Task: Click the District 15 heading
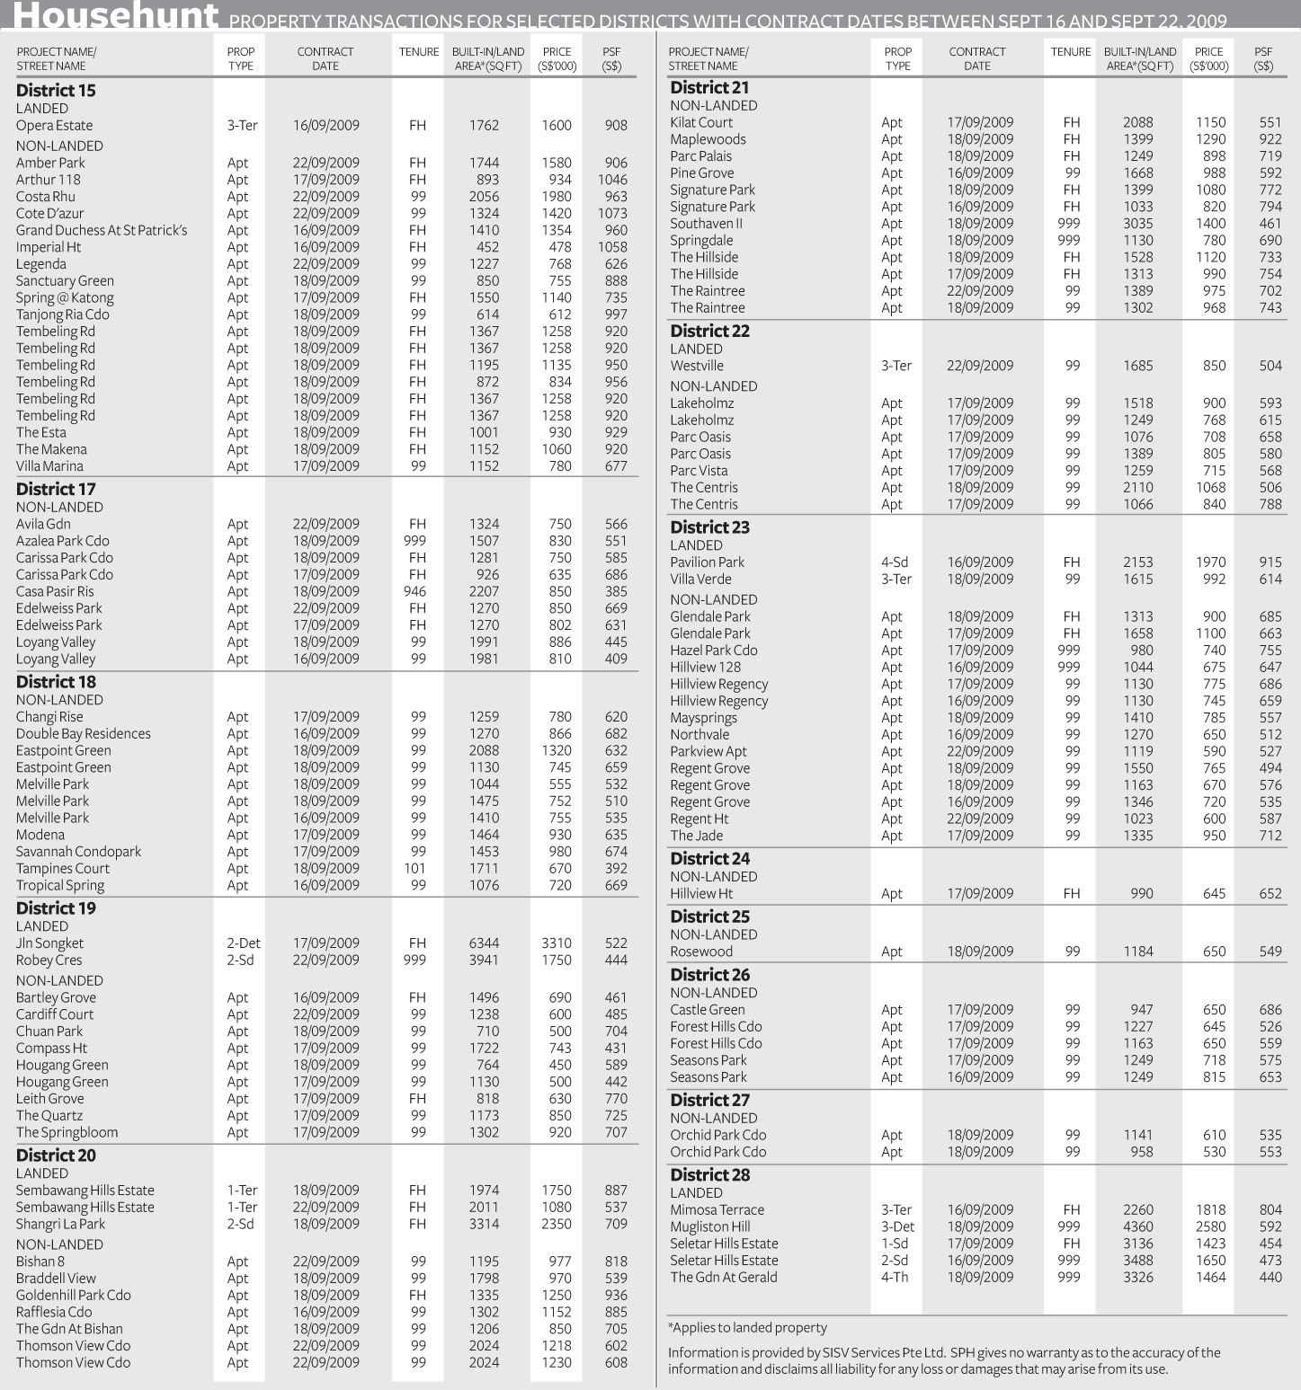pyautogui.click(x=56, y=91)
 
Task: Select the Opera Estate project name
pyautogui.click(x=54, y=126)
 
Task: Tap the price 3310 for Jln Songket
pyautogui.click(x=557, y=943)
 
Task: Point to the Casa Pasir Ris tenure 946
pyautogui.click(x=418, y=592)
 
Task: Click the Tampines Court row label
pyautogui.click(x=63, y=869)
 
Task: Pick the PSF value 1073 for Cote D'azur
pyautogui.click(x=612, y=214)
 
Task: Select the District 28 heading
pyautogui.click(x=709, y=1175)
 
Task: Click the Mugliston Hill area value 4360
pyautogui.click(x=1137, y=1227)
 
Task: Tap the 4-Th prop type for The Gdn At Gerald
pyautogui.click(x=895, y=1278)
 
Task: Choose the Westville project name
pyautogui.click(x=697, y=367)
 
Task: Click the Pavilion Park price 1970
pyautogui.click(x=1210, y=562)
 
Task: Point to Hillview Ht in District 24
pyautogui.click(x=701, y=894)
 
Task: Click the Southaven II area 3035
pyautogui.click(x=1137, y=224)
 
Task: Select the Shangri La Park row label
pyautogui.click(x=60, y=1225)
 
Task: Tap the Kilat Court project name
pyautogui.click(x=701, y=123)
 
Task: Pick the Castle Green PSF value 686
pyautogui.click(x=1270, y=1010)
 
